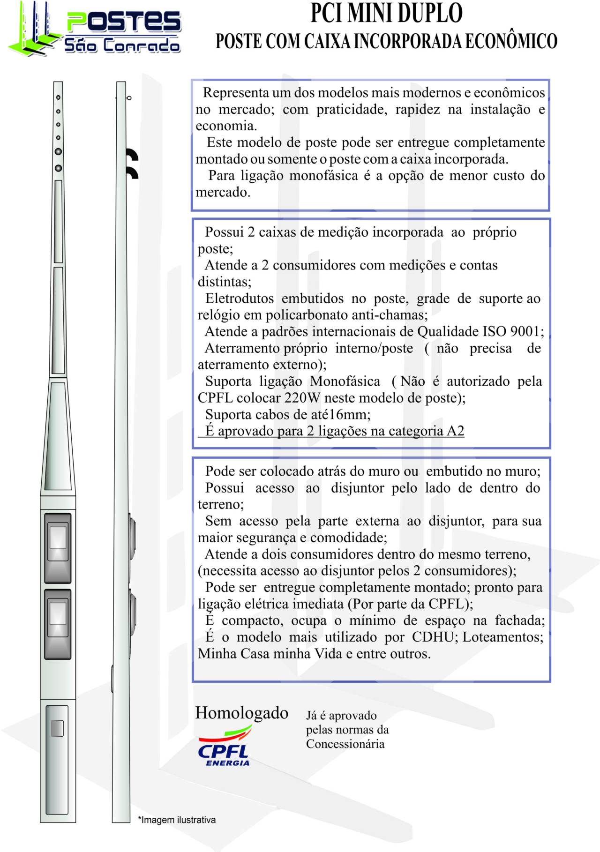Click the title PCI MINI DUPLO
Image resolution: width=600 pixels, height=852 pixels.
386,13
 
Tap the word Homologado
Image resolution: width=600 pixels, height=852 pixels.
241,713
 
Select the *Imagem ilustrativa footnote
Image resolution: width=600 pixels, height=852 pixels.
177,820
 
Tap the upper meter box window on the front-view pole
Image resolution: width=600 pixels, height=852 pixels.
58,537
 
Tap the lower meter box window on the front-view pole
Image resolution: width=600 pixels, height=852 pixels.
58,613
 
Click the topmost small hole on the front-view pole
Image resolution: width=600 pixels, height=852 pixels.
58,97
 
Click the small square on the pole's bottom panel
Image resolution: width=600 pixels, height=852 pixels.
57,728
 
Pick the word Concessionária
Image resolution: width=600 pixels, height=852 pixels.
345,744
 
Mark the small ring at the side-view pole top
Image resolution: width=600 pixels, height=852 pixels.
129,98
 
